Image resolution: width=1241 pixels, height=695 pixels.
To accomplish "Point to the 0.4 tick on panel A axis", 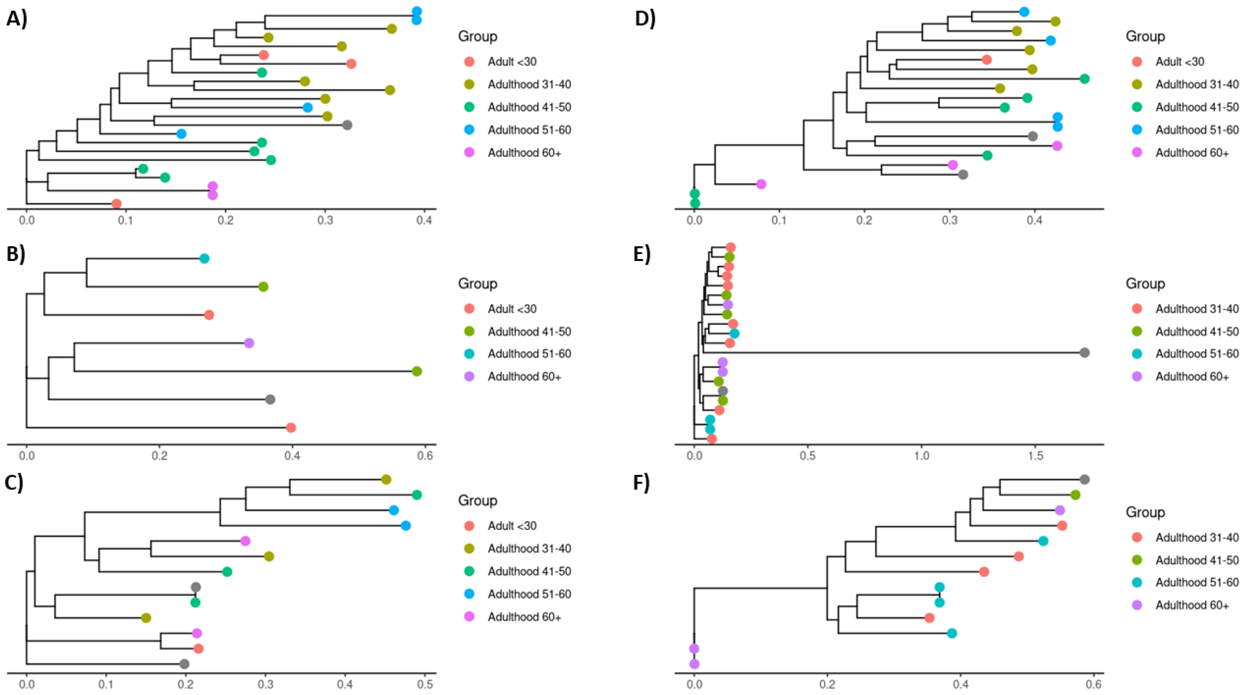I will [425, 221].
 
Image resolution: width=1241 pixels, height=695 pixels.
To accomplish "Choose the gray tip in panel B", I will [270, 399].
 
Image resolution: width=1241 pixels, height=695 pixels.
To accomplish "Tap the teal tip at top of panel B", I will [204, 259].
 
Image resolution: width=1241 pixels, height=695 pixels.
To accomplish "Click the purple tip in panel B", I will [249, 343].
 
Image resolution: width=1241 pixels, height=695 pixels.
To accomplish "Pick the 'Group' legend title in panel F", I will [1145, 512].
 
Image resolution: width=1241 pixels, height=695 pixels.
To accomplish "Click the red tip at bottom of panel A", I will [116, 204].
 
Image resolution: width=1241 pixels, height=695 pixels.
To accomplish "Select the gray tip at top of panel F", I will [1084, 479].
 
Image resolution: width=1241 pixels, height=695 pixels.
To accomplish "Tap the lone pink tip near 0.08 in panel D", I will [761, 184].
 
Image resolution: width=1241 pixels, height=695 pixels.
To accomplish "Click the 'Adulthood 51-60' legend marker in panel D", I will [1137, 130].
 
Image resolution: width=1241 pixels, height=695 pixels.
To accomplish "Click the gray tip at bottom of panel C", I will [184, 664].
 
